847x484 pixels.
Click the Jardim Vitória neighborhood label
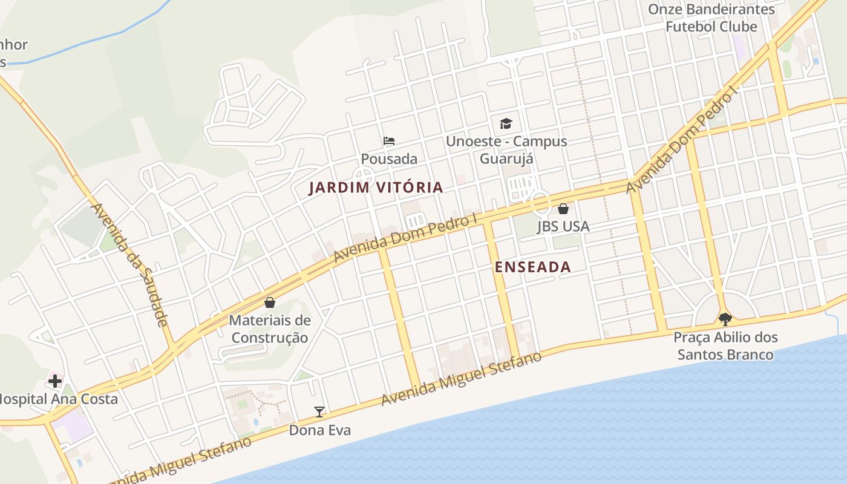pyautogui.click(x=376, y=188)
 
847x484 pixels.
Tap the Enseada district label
pyautogui.click(x=532, y=267)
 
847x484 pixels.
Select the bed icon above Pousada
pyautogui.click(x=389, y=141)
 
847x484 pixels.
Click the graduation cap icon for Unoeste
pyautogui.click(x=506, y=124)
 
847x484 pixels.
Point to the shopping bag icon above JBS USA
pyautogui.click(x=563, y=209)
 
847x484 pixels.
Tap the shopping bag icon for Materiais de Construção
pyautogui.click(x=270, y=302)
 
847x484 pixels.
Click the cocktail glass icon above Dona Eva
pyautogui.click(x=319, y=412)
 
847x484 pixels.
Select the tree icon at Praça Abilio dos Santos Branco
pyautogui.click(x=725, y=319)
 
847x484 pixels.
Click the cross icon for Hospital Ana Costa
pyautogui.click(x=55, y=381)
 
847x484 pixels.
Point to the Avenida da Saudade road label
pyautogui.click(x=128, y=264)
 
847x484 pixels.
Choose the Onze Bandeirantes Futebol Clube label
pyautogui.click(x=711, y=18)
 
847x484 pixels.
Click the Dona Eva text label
pyautogui.click(x=319, y=430)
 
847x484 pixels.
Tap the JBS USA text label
pyautogui.click(x=563, y=226)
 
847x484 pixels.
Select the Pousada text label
pyautogui.click(x=389, y=159)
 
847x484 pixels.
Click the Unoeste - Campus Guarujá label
pyautogui.click(x=506, y=149)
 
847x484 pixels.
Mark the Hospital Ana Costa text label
pyautogui.click(x=57, y=399)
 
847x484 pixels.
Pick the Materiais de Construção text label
pyautogui.click(x=270, y=329)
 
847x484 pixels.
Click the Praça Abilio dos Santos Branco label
pyautogui.click(x=725, y=345)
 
